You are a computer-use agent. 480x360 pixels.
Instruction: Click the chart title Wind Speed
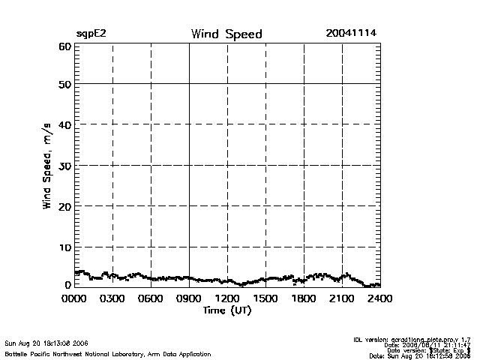pos(226,34)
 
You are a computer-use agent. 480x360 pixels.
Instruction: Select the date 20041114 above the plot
pos(351,34)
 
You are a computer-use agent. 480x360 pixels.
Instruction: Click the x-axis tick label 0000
pos(74,299)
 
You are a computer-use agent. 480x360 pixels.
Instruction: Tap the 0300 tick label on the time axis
pos(112,299)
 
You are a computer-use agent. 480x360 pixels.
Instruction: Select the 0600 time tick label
pos(151,299)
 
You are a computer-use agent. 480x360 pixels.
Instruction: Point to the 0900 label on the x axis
pos(189,299)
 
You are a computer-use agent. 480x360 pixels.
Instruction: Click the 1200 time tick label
pos(227,299)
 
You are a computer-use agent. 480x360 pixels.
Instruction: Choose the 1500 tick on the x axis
pos(265,299)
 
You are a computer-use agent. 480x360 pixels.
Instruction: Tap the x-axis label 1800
pos(304,299)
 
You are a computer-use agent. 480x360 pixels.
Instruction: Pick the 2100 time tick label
pos(342,299)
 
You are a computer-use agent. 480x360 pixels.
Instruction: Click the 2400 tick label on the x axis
pos(380,299)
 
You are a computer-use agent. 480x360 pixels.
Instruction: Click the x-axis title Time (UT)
pos(226,310)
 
